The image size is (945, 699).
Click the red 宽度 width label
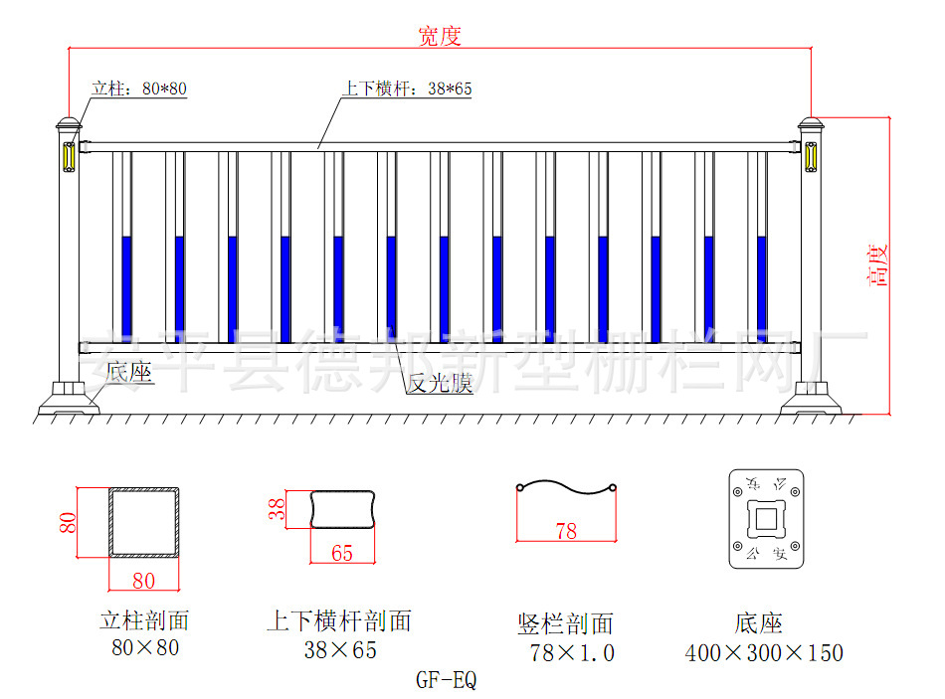pos(439,37)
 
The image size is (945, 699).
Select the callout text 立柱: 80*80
pos(139,88)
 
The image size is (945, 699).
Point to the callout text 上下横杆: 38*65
pos(407,88)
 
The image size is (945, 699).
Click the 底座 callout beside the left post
pos(129,372)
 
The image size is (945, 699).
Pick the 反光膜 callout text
pos(440,384)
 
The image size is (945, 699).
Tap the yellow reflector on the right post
pos(810,157)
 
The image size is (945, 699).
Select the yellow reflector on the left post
pos(69,157)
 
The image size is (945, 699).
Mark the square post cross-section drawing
pos(144,522)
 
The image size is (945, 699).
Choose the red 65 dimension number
pos(341,553)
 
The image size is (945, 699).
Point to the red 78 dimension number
pos(566,531)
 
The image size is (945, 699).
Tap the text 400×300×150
pos(764,653)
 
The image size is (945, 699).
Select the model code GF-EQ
pos(445,681)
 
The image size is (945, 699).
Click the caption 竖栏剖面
pos(566,624)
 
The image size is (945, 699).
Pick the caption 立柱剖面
pos(144,622)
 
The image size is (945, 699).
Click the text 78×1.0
pos(572,653)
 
